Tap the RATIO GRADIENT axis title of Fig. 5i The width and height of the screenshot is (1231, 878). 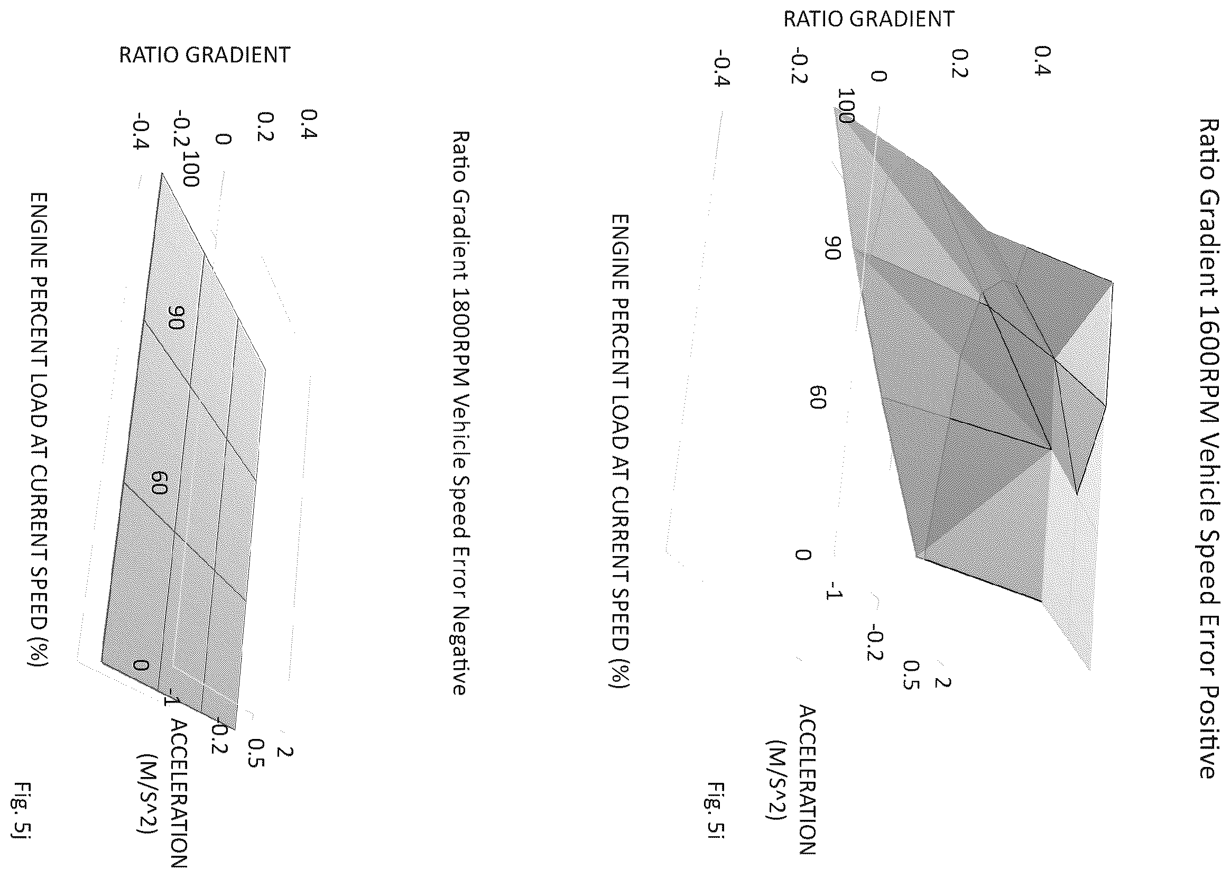tap(869, 20)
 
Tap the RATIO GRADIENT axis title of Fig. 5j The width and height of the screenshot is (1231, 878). tap(205, 55)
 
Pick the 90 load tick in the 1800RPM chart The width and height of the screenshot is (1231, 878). tap(177, 317)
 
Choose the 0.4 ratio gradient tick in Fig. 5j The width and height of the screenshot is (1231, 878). tap(309, 124)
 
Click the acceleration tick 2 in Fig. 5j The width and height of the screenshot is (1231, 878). tap(285, 752)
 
